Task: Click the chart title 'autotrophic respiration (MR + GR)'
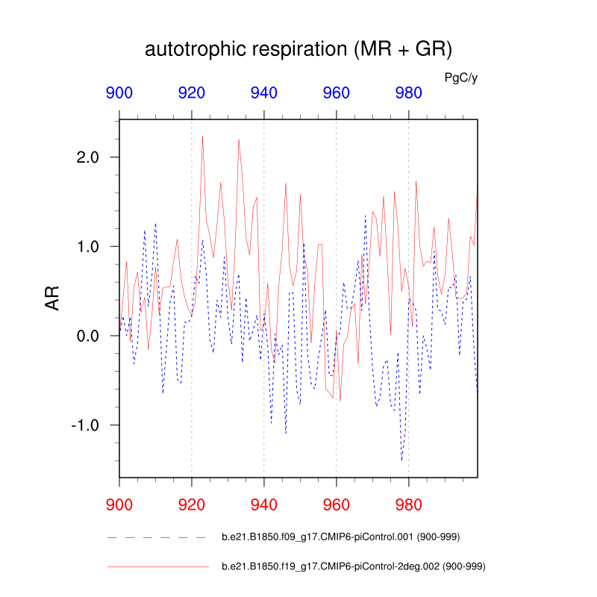298,50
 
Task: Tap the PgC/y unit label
460,77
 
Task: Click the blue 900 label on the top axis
119,93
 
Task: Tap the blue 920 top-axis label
192,93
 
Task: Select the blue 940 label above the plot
264,93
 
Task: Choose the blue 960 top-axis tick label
336,93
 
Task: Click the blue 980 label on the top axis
408,93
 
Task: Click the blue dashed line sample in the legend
157,537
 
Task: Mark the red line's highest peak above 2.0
202,136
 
